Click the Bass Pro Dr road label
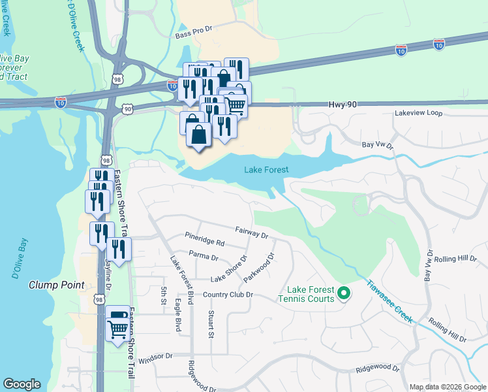(x=194, y=29)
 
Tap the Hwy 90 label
(x=342, y=105)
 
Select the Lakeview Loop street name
(x=418, y=113)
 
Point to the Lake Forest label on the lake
(x=266, y=170)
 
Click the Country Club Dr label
(x=227, y=295)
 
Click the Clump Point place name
(x=56, y=285)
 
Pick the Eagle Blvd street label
(x=178, y=316)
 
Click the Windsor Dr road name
(x=155, y=356)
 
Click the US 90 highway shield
(x=127, y=108)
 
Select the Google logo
(x=22, y=384)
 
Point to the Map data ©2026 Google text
(x=447, y=387)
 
